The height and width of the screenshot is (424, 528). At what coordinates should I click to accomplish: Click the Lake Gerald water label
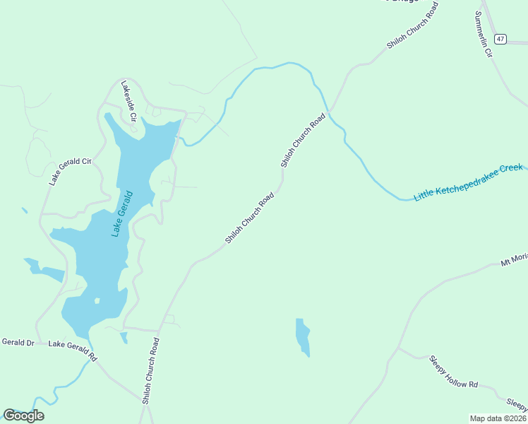[x=121, y=213]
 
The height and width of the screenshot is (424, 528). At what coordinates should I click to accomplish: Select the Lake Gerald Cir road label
[x=71, y=171]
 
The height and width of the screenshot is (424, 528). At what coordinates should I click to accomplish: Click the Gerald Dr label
[x=18, y=342]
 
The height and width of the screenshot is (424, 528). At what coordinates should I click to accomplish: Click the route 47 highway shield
[x=500, y=39]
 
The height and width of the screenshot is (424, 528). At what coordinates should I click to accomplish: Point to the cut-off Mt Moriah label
[x=514, y=260]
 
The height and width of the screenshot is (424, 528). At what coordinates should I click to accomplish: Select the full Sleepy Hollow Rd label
[x=453, y=372]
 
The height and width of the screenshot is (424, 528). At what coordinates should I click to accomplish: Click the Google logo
[x=23, y=415]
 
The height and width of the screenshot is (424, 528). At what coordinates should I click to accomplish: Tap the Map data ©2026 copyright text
[x=498, y=418]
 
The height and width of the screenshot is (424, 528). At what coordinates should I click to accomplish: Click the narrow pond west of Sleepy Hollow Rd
[x=302, y=337]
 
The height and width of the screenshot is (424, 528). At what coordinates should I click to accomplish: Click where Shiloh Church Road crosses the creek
[x=328, y=112]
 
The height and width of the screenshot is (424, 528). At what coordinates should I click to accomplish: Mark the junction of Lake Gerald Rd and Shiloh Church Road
[x=145, y=401]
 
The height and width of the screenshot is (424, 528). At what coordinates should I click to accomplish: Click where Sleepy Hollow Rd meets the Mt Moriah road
[x=397, y=348]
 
